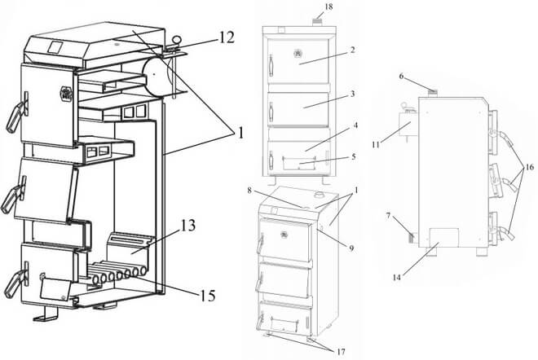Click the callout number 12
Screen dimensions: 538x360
pyautogui.click(x=227, y=37)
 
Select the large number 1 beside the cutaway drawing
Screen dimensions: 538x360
pyautogui.click(x=240, y=133)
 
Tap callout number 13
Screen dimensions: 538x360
pyautogui.click(x=188, y=226)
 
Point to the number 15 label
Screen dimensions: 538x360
pyautogui.click(x=208, y=296)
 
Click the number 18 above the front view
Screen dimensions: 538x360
pyautogui.click(x=329, y=7)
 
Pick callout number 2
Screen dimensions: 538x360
pyautogui.click(x=352, y=50)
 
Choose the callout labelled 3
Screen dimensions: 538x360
pyautogui.click(x=352, y=94)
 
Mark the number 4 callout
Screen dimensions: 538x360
pyautogui.click(x=355, y=125)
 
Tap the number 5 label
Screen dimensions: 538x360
pyautogui.click(x=354, y=156)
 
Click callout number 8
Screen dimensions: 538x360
pyautogui.click(x=249, y=191)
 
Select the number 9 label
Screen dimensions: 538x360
pyautogui.click(x=351, y=248)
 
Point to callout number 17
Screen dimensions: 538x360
pyautogui.click(x=341, y=351)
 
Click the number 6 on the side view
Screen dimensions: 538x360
pyautogui.click(x=401, y=76)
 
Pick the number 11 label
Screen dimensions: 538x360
pyautogui.click(x=376, y=145)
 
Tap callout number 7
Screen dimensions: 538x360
pyautogui.click(x=388, y=216)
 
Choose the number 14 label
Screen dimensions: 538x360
pyautogui.click(x=397, y=278)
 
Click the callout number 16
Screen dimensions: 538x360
pyautogui.click(x=529, y=167)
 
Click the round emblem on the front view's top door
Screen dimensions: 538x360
pyautogui.click(x=298, y=53)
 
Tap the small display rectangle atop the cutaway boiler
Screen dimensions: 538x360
pyautogui.click(x=55, y=47)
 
